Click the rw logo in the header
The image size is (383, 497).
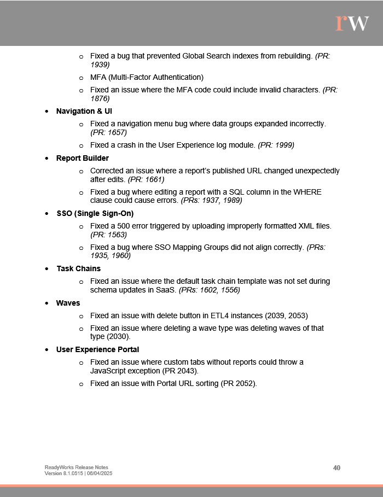[x=352, y=22]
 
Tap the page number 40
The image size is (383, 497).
[x=336, y=468]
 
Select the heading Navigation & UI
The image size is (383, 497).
[x=84, y=111]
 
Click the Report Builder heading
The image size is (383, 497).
[x=83, y=158]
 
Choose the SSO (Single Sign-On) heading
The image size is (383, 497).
[x=95, y=213]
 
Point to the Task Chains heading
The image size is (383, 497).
[x=78, y=268]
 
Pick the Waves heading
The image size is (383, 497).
[x=68, y=303]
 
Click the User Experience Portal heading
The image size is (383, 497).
[x=98, y=349]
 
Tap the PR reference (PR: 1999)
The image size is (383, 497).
[x=276, y=145]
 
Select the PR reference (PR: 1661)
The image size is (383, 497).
[x=146, y=179]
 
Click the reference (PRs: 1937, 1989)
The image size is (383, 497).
[x=212, y=201]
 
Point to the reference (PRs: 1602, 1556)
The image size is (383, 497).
[x=210, y=290]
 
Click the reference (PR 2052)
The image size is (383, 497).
[x=238, y=383]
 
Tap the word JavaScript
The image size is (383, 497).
[x=108, y=371]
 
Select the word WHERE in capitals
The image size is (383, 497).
[x=307, y=192]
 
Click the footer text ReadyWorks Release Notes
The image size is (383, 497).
[x=76, y=467]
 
